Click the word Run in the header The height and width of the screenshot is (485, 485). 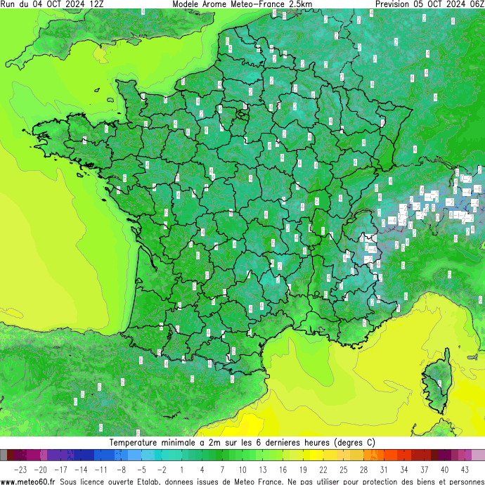(x=8, y=4)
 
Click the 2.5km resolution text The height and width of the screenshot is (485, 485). (x=298, y=4)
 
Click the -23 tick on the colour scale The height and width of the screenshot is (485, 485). (x=20, y=469)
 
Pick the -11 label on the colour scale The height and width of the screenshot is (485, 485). (x=101, y=469)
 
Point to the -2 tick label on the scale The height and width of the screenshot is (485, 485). (x=162, y=469)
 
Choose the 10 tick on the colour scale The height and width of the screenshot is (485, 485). (x=242, y=469)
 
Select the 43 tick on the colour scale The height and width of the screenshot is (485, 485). (x=465, y=469)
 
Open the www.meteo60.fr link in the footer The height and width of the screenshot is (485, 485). (x=29, y=481)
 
